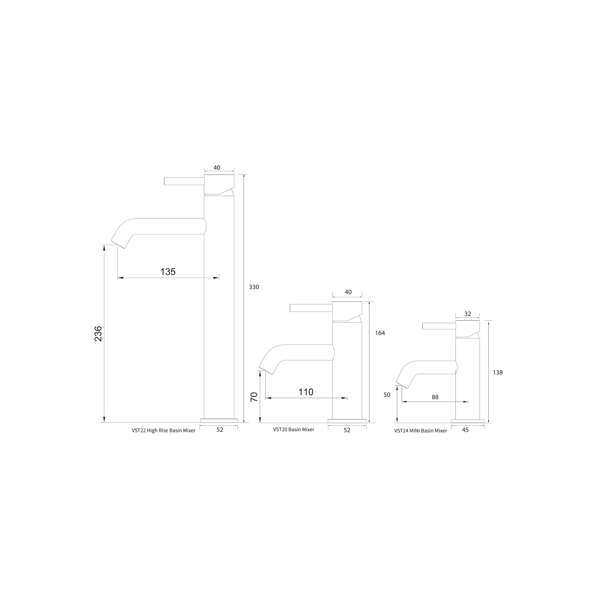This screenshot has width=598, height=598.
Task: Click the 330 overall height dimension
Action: pos(254,287)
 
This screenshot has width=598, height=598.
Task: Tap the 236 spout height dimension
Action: pos(98,334)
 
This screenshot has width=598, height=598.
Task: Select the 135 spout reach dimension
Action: pos(168,272)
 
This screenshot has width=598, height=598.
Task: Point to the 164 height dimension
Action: pos(380,333)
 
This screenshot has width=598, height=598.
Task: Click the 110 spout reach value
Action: pos(306,392)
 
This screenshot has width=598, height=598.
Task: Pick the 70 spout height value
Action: pos(254,397)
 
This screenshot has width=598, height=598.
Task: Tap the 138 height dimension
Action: pos(497,373)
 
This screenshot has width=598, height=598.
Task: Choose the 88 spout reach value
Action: pos(435,397)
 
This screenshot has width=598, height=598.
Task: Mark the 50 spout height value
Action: pos(387,395)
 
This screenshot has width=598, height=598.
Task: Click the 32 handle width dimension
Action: pos(468,314)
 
